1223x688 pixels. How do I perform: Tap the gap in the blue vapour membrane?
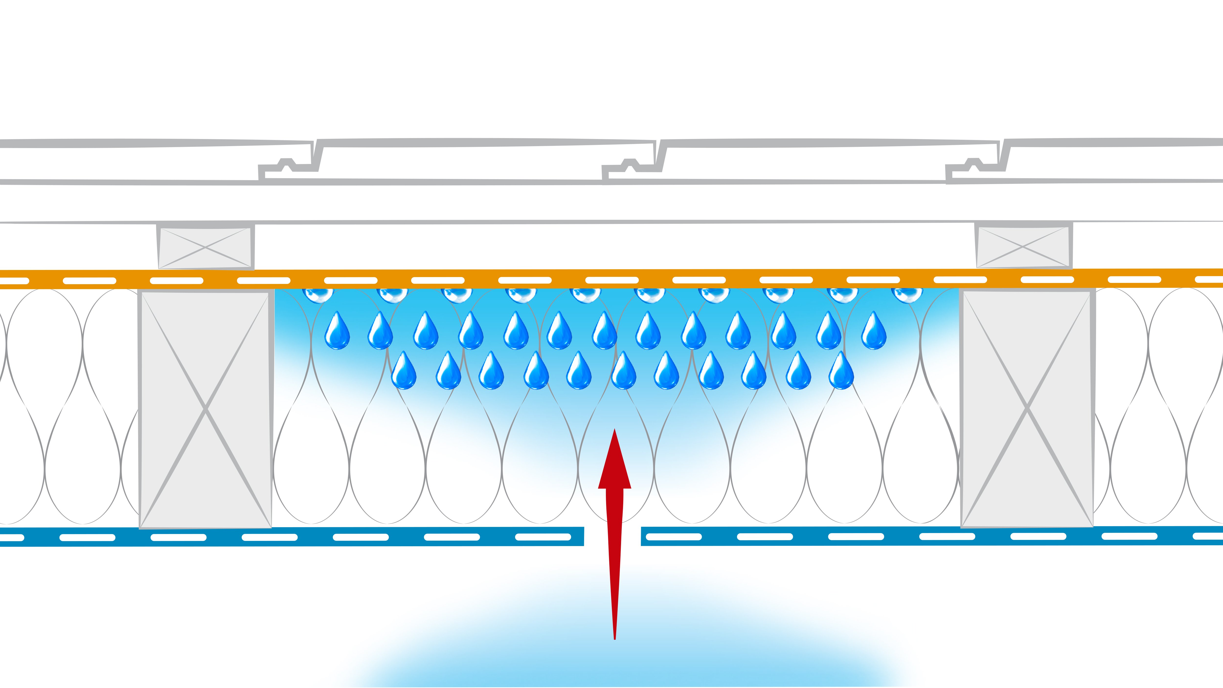coord(612,536)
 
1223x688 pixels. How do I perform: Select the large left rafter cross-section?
coord(205,409)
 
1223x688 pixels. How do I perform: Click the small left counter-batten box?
coord(205,247)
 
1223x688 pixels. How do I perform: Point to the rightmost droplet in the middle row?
coord(873,331)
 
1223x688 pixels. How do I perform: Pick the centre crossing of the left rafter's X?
coord(205,409)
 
